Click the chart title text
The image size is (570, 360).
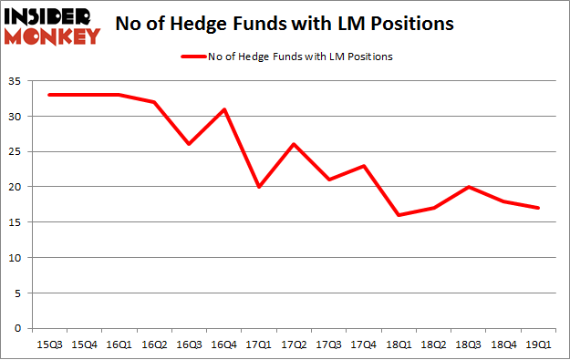tap(285, 25)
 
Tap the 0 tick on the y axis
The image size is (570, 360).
tap(16, 328)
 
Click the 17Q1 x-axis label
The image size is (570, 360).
tap(257, 345)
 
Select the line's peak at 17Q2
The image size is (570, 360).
tap(293, 144)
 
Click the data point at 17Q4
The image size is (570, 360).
tap(364, 166)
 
